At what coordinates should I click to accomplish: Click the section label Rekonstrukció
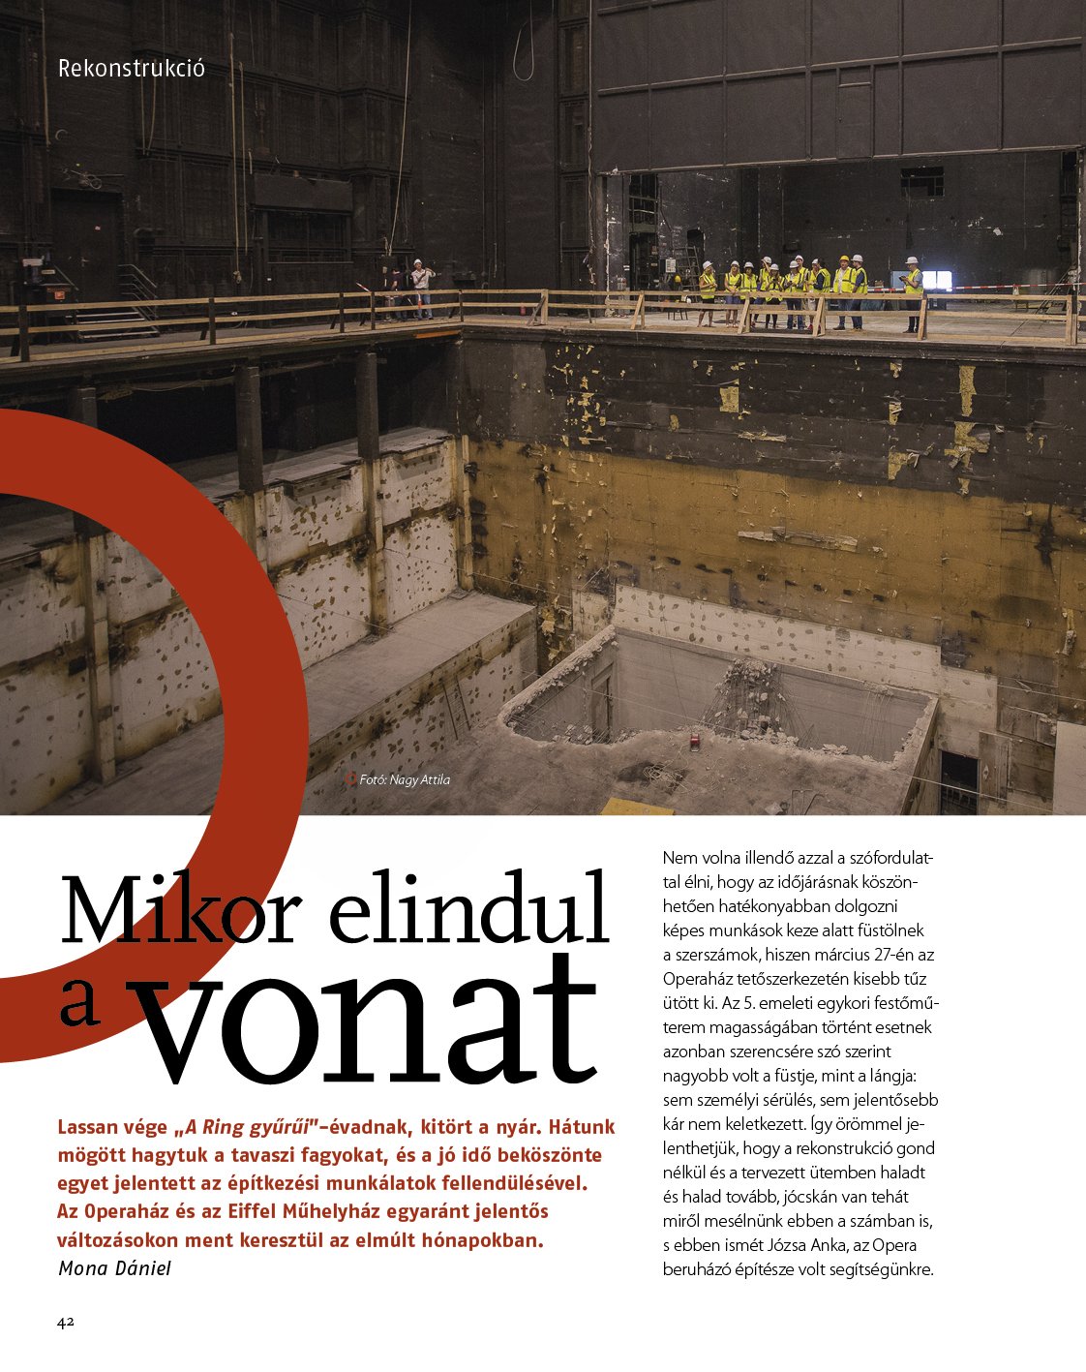[x=132, y=70]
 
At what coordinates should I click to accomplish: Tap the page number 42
[x=66, y=1323]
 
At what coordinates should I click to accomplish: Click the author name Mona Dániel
[x=114, y=1268]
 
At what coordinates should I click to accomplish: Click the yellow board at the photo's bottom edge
[x=636, y=806]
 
